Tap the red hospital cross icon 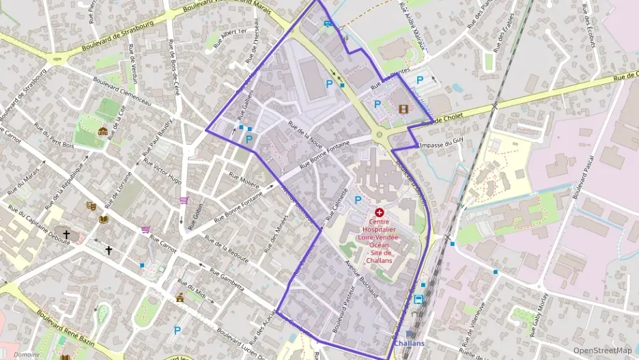click(379, 214)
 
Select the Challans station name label click(410, 343)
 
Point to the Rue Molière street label click(244, 179)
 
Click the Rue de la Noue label click(304, 133)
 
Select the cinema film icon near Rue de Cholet click(403, 109)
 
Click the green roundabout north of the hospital click(378, 135)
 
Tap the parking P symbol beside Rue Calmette click(358, 200)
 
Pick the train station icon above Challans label click(418, 299)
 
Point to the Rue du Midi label click(191, 291)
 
